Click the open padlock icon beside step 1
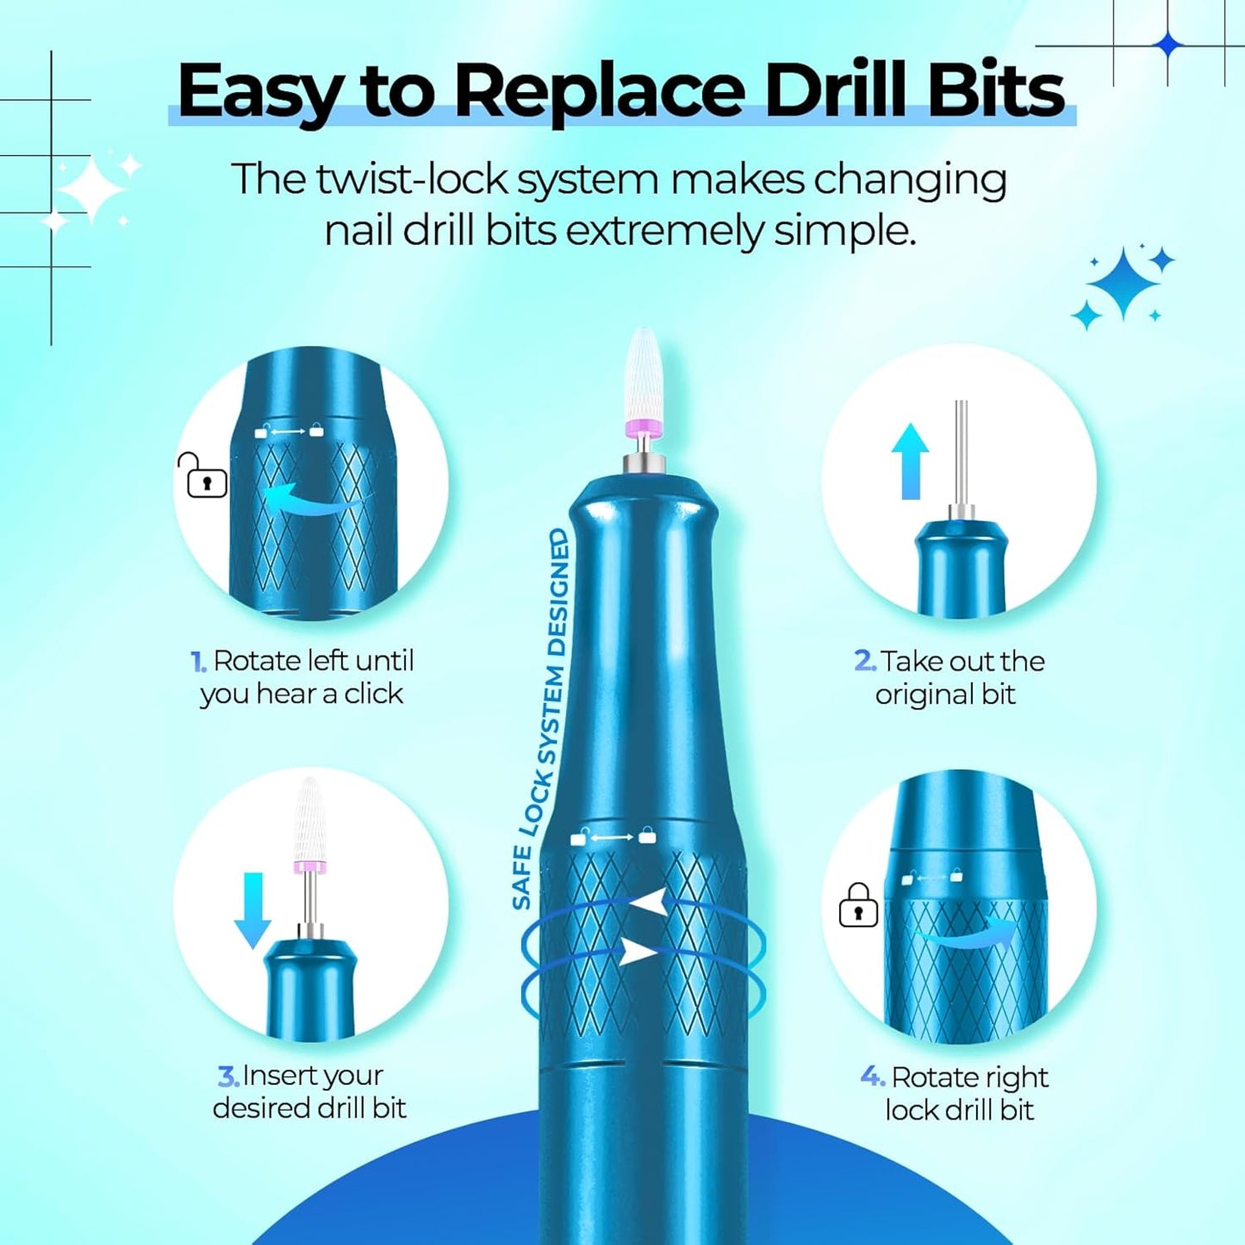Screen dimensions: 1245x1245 [204, 476]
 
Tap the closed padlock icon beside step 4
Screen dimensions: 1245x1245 [858, 906]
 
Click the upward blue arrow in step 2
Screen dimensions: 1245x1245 [910, 461]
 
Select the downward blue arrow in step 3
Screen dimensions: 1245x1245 [253, 910]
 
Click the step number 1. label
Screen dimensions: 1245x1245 [198, 662]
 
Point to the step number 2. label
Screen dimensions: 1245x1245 [864, 661]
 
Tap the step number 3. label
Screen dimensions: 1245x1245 [227, 1076]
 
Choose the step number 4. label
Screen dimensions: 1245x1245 [872, 1076]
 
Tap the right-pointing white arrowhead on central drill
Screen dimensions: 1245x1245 [639, 952]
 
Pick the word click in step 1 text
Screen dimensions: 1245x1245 [373, 694]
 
